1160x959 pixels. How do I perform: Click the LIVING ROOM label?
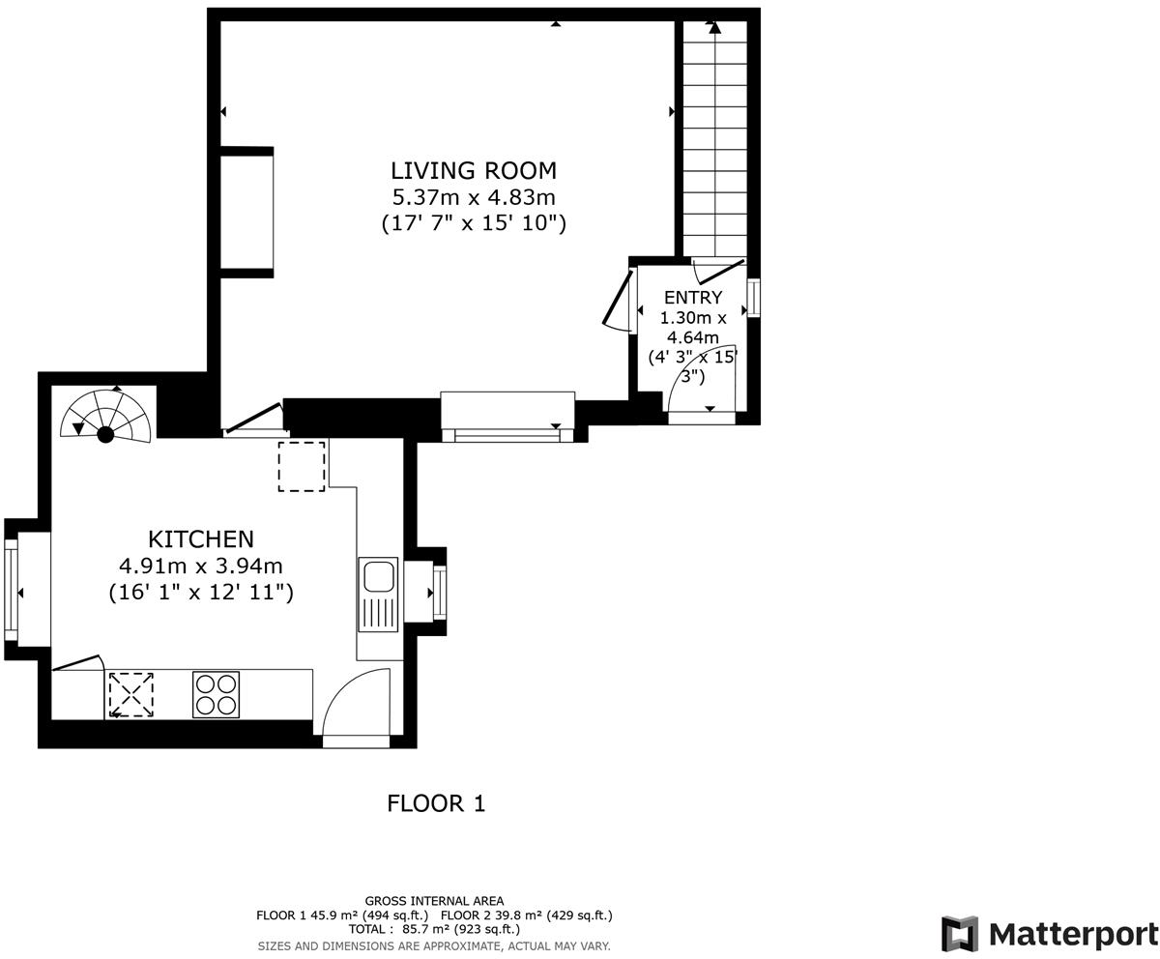473,171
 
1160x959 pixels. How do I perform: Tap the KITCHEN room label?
201,539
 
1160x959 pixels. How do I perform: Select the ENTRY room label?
692,298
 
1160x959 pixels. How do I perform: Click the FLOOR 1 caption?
436,803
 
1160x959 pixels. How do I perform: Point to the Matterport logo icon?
959,934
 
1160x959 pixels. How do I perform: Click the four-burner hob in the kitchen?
216,694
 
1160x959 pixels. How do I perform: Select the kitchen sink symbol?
378,577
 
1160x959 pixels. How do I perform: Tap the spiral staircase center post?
105,435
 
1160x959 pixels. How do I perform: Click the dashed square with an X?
130,694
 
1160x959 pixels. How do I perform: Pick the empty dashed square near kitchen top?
302,466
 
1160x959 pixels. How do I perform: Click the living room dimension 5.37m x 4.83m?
473,197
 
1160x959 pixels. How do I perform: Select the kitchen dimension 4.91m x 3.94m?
201,566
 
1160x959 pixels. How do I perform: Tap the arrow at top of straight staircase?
714,27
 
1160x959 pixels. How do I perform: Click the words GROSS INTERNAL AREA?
434,901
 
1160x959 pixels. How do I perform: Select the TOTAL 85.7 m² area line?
434,929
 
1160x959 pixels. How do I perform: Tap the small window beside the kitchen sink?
439,593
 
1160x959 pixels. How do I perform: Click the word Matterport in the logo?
1073,935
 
